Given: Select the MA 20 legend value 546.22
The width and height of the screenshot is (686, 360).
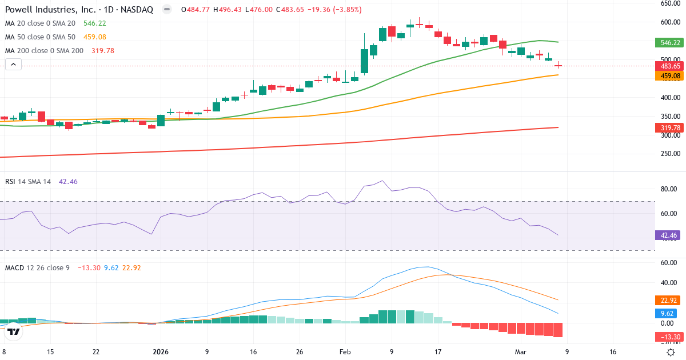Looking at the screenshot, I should point(95,23).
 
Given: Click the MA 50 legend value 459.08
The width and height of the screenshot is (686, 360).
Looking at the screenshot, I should point(95,37).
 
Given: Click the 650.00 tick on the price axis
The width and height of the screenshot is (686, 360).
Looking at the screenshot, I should point(669,3).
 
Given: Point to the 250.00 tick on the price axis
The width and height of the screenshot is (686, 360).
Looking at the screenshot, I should point(669,154).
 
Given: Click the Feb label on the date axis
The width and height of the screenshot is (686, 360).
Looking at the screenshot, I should point(345,352).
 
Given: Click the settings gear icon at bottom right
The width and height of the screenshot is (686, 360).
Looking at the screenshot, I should point(672,352).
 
